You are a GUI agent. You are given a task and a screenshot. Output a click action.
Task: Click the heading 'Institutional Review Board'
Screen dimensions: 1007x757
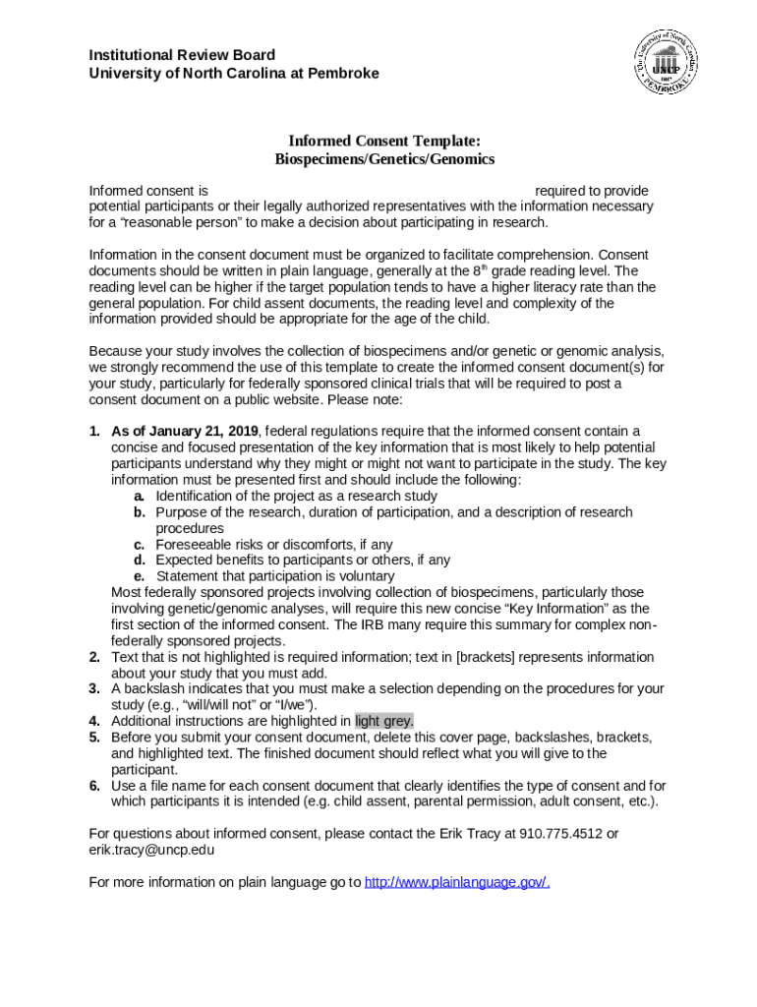tap(182, 55)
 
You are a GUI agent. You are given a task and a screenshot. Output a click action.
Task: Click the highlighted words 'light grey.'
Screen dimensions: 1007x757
tap(384, 721)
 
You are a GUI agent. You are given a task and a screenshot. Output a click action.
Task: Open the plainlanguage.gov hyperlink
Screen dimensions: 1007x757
tap(456, 882)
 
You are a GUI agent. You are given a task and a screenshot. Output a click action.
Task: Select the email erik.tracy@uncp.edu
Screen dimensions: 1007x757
tap(151, 850)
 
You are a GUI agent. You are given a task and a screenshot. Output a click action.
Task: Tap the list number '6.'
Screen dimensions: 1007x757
tap(94, 786)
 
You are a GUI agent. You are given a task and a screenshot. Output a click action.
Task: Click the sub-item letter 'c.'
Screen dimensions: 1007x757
tap(140, 544)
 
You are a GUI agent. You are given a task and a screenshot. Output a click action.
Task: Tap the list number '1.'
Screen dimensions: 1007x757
tap(94, 431)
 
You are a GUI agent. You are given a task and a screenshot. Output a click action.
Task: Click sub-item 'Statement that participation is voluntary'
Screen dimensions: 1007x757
tap(275, 576)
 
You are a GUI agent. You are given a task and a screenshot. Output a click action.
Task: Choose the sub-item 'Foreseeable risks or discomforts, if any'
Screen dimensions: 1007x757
tap(274, 544)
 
